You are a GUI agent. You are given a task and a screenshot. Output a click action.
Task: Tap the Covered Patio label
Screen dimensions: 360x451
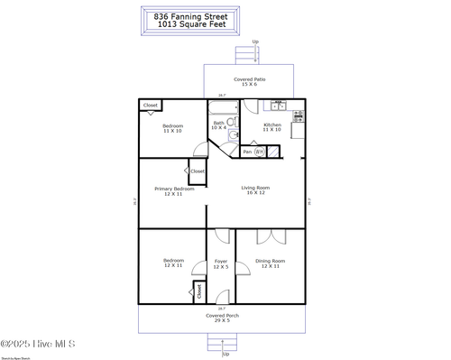point(250,79)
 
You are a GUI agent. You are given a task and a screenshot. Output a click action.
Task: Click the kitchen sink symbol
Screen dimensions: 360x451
point(279,104)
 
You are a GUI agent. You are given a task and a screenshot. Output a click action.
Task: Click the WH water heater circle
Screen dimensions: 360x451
point(259,152)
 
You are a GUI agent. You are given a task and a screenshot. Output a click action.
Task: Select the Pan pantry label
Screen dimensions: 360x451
point(247,152)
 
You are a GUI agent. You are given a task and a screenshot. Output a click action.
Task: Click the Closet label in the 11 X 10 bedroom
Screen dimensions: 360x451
point(150,106)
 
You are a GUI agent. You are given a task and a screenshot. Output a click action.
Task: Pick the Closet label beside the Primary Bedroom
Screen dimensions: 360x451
point(197,171)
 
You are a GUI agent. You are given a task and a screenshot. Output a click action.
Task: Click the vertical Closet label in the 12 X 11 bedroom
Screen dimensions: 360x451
point(198,291)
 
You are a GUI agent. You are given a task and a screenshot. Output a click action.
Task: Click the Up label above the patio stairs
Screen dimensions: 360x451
point(255,42)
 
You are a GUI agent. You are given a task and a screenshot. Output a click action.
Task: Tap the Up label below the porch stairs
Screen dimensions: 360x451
point(225,354)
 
